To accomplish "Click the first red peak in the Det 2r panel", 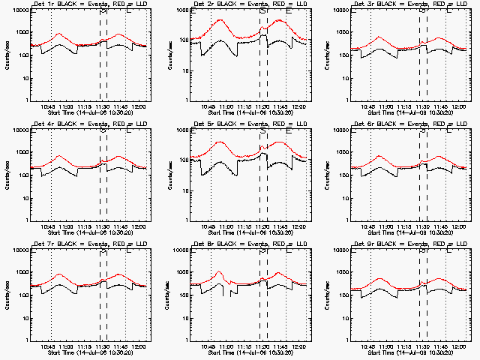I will click(x=221, y=20).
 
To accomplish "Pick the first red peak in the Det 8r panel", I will click(x=219, y=272).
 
